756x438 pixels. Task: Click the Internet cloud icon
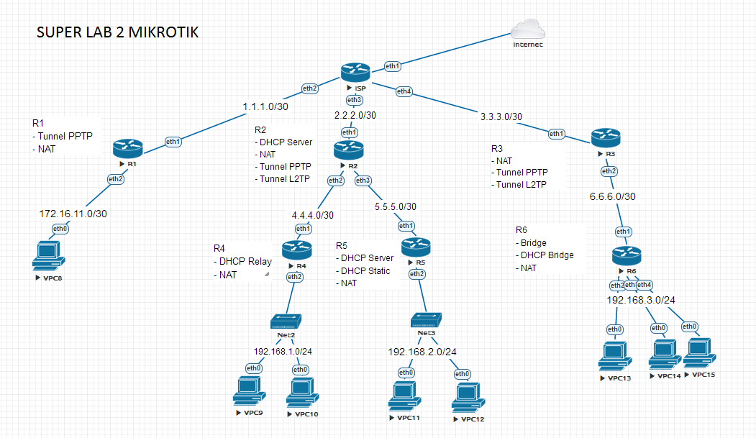pyautogui.click(x=529, y=29)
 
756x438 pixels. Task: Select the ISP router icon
pyautogui.click(x=355, y=71)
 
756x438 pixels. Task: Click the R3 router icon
pyautogui.click(x=606, y=137)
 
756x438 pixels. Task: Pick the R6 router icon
pyautogui.click(x=626, y=255)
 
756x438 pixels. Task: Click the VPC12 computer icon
pyautogui.click(x=468, y=396)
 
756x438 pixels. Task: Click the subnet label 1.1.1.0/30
pyautogui.click(x=265, y=106)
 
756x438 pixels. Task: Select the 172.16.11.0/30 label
pyautogui.click(x=73, y=214)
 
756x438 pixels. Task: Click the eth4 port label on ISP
pyautogui.click(x=404, y=91)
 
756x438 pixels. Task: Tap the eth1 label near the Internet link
pyautogui.click(x=393, y=65)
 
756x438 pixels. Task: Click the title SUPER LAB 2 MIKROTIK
pyautogui.click(x=118, y=33)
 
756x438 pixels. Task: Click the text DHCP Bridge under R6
pyautogui.click(x=547, y=255)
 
